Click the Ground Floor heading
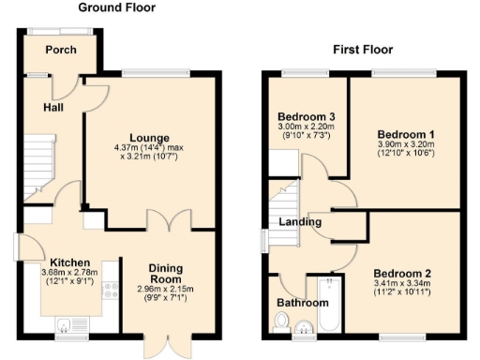point(116,8)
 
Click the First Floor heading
point(362,50)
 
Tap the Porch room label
point(62,51)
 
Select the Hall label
point(52,108)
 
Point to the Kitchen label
point(69,262)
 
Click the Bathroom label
point(302,303)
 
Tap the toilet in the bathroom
point(282,322)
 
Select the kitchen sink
point(64,325)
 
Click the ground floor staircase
point(37,164)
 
